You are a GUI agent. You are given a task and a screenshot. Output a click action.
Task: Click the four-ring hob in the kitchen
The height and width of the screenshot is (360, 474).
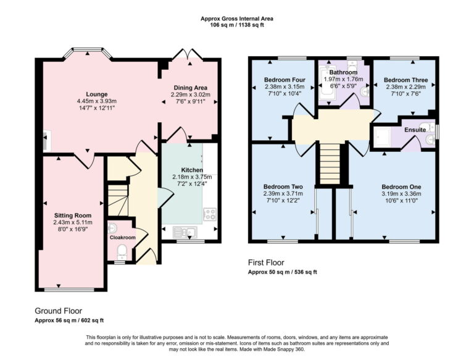209,216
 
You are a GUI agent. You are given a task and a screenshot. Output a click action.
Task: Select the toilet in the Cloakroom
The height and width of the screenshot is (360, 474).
122,251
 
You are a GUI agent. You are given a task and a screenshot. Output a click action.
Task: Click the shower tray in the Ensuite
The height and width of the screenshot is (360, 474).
385,138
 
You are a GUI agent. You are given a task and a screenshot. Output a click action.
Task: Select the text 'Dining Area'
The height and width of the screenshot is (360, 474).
190,87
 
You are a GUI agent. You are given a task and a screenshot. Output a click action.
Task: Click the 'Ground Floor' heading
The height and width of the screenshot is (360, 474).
58,311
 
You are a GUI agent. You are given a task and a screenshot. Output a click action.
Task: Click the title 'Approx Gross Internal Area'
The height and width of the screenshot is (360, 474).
236,19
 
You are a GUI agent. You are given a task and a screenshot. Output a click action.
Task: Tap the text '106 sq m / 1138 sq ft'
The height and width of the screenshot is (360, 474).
236,26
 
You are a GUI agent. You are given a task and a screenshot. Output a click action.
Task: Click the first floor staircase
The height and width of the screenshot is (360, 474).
330,162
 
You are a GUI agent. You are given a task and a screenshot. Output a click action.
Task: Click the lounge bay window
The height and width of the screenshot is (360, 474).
89,54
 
